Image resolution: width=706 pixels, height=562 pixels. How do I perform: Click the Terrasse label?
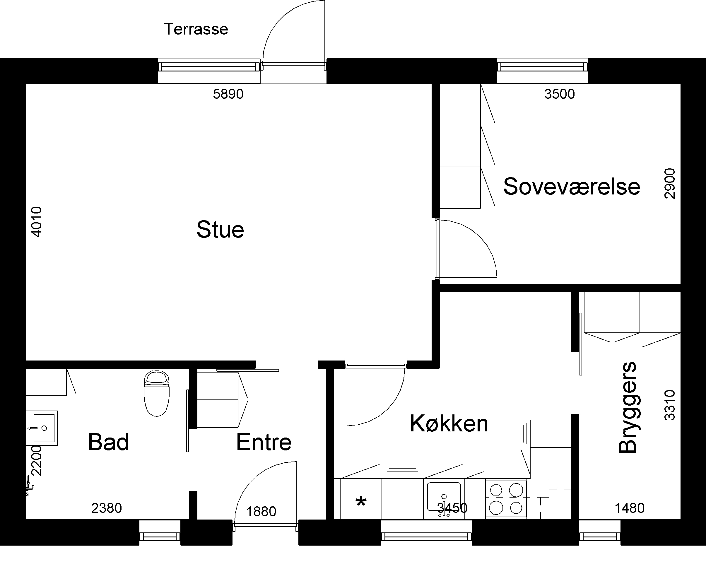pyautogui.click(x=196, y=29)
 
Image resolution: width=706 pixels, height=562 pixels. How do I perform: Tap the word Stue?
pyautogui.click(x=220, y=230)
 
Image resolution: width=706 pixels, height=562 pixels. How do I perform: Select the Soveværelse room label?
pyautogui.click(x=571, y=187)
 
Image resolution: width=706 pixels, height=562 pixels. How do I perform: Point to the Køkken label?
pyautogui.click(x=449, y=423)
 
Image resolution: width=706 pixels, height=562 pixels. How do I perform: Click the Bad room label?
pyautogui.click(x=108, y=442)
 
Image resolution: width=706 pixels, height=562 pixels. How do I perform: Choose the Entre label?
pyautogui.click(x=264, y=442)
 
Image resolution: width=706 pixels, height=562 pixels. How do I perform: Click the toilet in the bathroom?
pyautogui.click(x=157, y=393)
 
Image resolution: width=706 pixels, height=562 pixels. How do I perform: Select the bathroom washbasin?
pyautogui.click(x=42, y=428)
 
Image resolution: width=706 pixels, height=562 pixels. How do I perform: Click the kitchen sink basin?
pyautogui.click(x=444, y=497)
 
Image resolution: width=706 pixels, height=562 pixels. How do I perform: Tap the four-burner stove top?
pyautogui.click(x=506, y=499)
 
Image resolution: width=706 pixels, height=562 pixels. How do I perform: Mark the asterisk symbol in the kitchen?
pyautogui.click(x=361, y=501)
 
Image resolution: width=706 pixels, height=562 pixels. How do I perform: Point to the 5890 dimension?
pyautogui.click(x=228, y=94)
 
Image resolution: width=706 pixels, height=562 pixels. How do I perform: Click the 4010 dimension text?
pyautogui.click(x=36, y=222)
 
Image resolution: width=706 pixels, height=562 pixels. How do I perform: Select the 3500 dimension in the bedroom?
pyautogui.click(x=560, y=94)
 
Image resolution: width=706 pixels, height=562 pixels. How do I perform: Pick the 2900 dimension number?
pyautogui.click(x=670, y=183)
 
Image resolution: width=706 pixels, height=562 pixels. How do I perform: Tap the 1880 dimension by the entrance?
pyautogui.click(x=261, y=512)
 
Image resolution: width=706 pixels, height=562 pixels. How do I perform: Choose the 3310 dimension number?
pyautogui.click(x=670, y=405)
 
